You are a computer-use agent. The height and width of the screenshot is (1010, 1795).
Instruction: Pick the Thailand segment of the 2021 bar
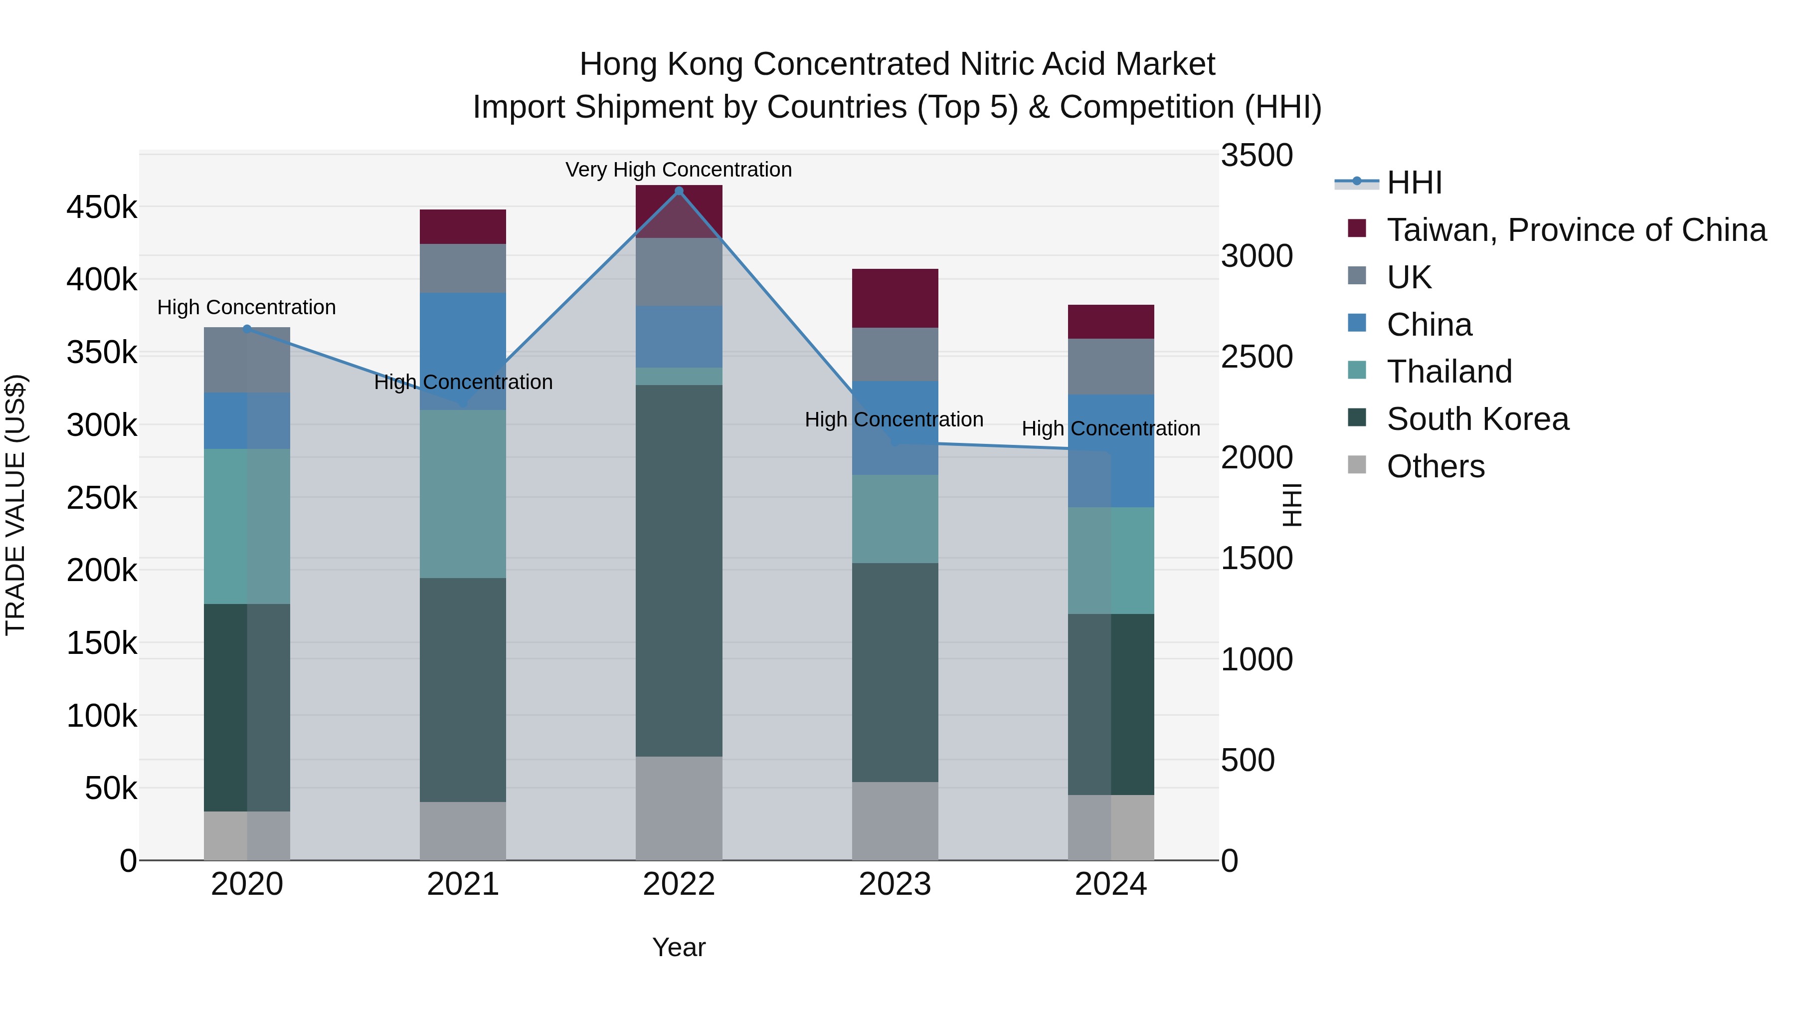tap(463, 493)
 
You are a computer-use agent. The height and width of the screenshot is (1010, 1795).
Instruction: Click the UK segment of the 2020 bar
tap(247, 360)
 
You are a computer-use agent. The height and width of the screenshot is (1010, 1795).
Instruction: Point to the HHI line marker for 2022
tap(680, 191)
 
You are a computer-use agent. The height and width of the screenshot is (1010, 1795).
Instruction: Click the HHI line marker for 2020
tap(247, 329)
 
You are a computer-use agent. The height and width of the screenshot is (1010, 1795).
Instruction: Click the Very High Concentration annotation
tap(678, 170)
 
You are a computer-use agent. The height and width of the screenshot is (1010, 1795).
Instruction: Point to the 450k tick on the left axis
tap(102, 207)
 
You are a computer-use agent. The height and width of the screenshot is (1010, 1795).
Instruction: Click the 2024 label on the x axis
tap(1111, 884)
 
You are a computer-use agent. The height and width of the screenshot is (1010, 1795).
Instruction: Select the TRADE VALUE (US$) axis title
tap(15, 505)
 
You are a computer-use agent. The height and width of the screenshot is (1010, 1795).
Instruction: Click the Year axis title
tap(679, 947)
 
